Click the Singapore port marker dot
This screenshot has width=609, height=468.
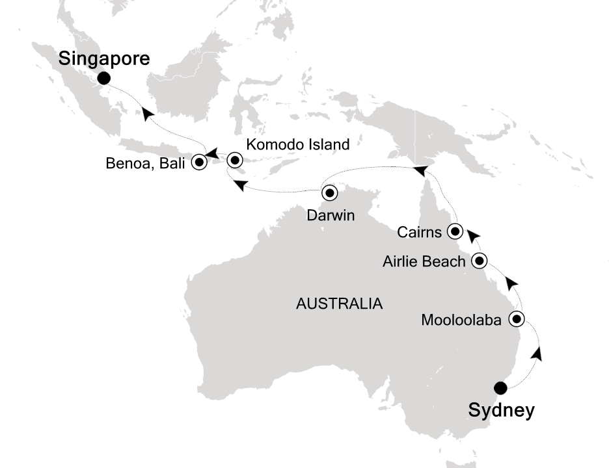tap(103, 79)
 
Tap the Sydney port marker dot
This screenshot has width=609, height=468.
tap(500, 388)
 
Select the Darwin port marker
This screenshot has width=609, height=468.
tap(329, 192)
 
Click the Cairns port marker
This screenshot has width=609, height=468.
tap(455, 230)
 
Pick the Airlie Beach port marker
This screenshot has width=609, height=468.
tap(480, 261)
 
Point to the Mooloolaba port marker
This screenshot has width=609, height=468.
tap(517, 319)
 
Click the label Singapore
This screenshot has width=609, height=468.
tap(104, 58)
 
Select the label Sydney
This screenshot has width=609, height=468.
tap(501, 411)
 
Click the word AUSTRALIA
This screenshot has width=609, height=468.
tap(338, 304)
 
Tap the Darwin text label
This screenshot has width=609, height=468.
tap(331, 216)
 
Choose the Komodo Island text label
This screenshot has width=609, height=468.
tap(299, 144)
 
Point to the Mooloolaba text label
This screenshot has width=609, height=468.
tap(462, 320)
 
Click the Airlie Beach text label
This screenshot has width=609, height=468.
tap(425, 262)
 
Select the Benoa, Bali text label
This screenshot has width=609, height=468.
tap(146, 163)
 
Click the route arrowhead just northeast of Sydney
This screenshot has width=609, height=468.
tap(537, 354)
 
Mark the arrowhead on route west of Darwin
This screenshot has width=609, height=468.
tap(239, 186)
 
